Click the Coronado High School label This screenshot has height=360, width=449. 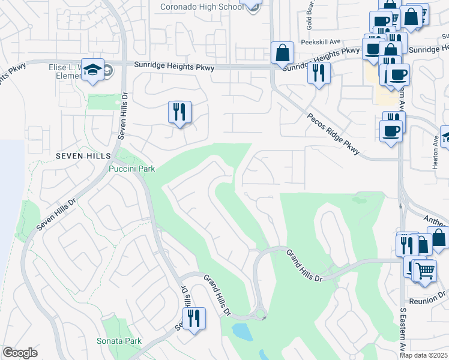[x=201, y=7]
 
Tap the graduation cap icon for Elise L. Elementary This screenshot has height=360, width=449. [x=93, y=70]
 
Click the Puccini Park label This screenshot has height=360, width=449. [x=132, y=169]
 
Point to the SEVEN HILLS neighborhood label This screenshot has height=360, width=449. [x=83, y=155]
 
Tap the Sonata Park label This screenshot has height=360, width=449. [x=119, y=341]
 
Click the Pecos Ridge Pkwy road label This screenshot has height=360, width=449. [x=333, y=134]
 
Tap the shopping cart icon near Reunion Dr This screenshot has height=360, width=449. [x=425, y=270]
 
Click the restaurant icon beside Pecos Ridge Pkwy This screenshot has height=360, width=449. [x=318, y=73]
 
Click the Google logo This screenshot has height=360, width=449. [x=20, y=353]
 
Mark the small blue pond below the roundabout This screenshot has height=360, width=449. [x=241, y=331]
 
